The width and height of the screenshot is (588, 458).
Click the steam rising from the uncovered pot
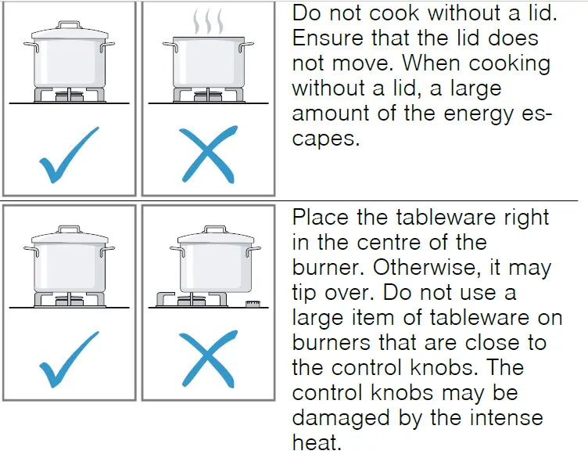tap(208, 20)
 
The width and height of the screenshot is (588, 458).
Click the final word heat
tap(316, 442)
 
